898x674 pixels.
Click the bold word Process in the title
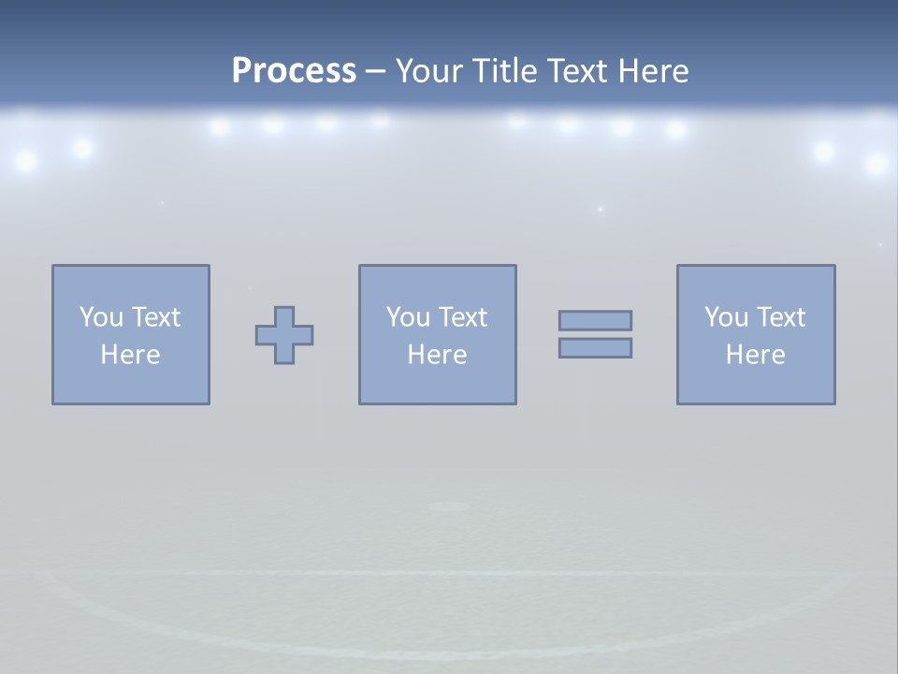tap(294, 71)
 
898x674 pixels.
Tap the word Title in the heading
tap(506, 71)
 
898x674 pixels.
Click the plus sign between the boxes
tap(284, 335)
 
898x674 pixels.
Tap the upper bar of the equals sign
tap(595, 321)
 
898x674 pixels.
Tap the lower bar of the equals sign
tap(595, 348)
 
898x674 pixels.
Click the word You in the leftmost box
tap(101, 317)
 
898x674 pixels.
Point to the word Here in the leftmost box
tap(130, 355)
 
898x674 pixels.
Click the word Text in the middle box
tap(463, 317)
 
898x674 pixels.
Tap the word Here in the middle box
tap(437, 355)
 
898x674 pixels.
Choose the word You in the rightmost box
tap(726, 317)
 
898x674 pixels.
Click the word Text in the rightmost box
tap(781, 317)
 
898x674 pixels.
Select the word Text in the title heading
tap(578, 71)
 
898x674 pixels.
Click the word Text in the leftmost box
tap(156, 317)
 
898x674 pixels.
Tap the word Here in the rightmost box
tap(755, 355)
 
